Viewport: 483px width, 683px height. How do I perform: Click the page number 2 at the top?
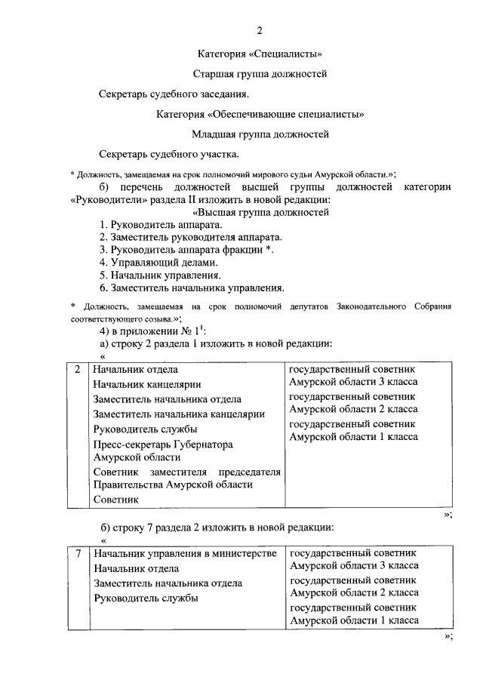260,31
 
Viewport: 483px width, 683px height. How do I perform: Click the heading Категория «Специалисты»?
260,54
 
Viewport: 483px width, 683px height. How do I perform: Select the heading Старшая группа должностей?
260,75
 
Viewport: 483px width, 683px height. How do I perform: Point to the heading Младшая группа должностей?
260,135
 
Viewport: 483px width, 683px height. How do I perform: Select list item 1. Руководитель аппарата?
161,226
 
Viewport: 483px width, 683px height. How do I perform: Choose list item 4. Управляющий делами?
158,263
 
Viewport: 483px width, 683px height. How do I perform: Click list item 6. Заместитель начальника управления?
192,287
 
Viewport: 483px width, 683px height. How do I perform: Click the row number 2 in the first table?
78,370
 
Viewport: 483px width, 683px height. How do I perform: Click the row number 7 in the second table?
78,554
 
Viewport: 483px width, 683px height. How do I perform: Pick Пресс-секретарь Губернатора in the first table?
163,445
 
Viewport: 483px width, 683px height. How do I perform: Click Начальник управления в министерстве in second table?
184,554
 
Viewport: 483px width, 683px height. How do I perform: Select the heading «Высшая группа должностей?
260,213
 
